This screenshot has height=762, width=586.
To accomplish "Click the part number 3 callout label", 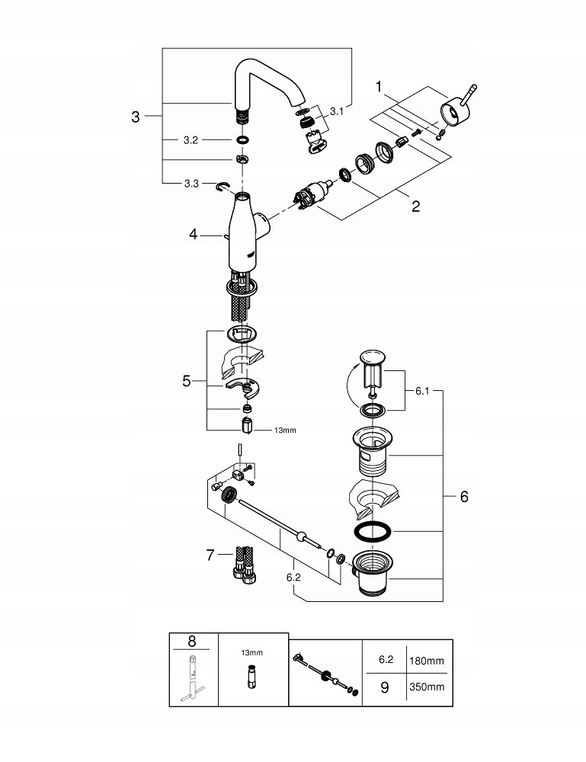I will tap(136, 117).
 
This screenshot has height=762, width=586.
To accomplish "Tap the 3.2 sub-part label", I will tap(191, 140).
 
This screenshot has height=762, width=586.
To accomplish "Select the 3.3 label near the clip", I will tap(191, 184).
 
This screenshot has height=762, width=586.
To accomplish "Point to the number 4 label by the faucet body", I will tap(194, 236).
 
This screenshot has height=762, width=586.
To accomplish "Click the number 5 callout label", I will tap(187, 381).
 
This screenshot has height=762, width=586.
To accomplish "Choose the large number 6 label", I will tap(464, 496).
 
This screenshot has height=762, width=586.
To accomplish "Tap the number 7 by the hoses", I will tap(211, 555).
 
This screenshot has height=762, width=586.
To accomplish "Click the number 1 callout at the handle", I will tap(379, 88).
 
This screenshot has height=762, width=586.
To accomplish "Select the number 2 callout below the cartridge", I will tap(415, 207).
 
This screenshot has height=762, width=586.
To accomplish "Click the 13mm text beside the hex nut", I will tap(285, 431).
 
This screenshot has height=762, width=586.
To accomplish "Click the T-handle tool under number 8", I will tap(194, 681).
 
